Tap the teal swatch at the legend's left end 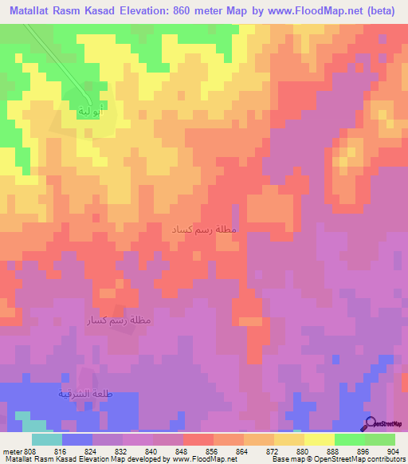(47, 439)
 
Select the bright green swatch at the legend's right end (380, 439)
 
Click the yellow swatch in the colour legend (320, 439)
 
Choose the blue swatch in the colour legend (77, 439)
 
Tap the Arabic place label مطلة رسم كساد (204, 230)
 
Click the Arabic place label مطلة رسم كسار (120, 320)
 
